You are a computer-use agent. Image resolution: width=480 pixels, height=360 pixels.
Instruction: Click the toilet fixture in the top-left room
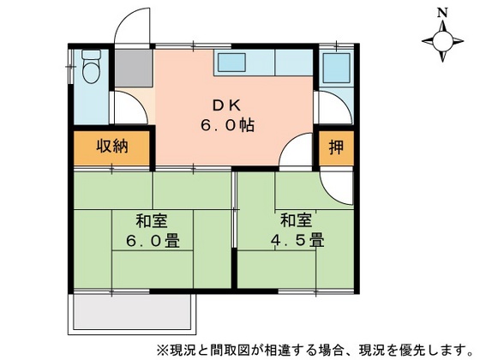(x=90, y=66)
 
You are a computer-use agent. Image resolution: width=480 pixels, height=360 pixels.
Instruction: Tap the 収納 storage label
(x=111, y=147)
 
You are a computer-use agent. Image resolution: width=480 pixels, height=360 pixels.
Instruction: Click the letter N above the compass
(x=442, y=13)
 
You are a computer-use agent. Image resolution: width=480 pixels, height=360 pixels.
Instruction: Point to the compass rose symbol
(x=443, y=40)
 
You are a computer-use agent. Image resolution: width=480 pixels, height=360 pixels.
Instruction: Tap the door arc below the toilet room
(x=129, y=107)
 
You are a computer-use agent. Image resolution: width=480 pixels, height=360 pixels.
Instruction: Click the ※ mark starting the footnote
(x=161, y=350)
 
